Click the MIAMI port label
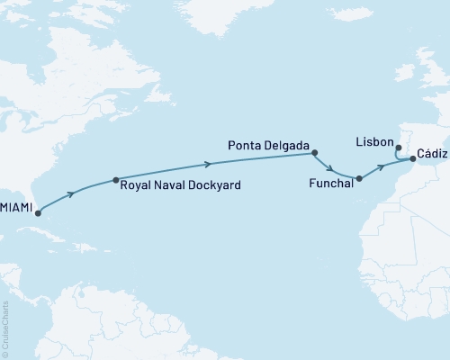pos(15,208)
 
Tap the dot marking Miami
pos(38,214)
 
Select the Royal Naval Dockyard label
pos(182,186)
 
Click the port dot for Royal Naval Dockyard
pos(115,180)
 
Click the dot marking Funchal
pos(359,178)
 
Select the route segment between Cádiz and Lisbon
pos(399,157)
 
